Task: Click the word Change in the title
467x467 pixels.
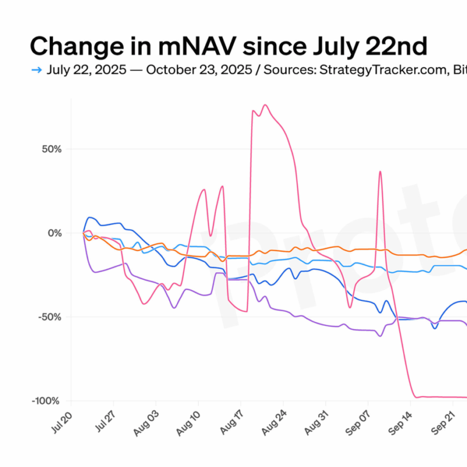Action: [x=72, y=47]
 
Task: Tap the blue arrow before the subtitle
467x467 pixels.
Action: [x=36, y=70]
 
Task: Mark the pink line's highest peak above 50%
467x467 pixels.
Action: [x=265, y=105]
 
